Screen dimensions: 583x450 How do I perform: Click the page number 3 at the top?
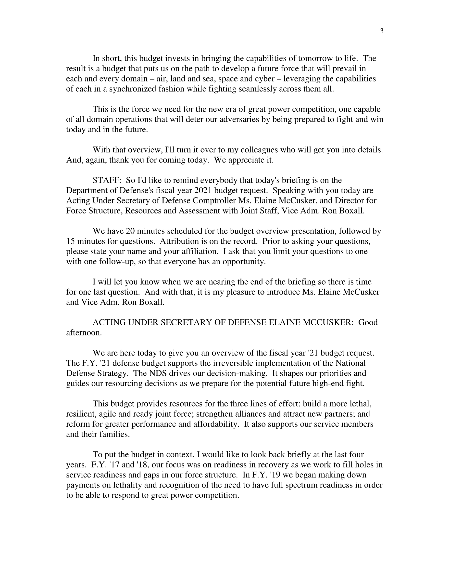382,31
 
